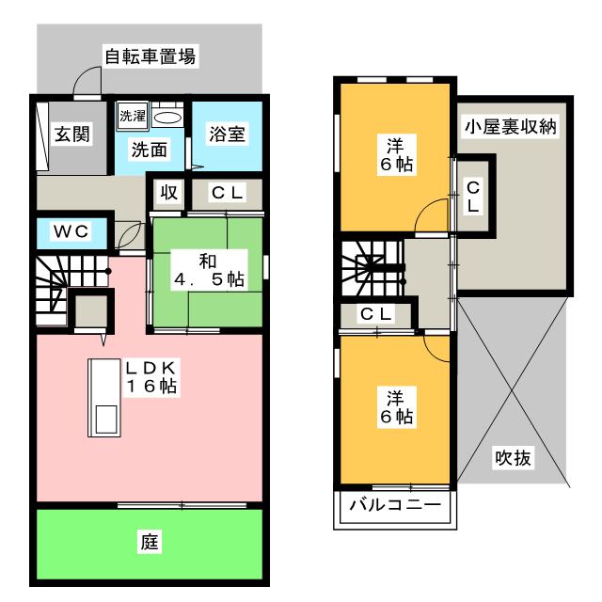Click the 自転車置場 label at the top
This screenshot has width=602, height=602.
pos(150,56)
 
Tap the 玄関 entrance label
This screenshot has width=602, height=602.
pos(71,135)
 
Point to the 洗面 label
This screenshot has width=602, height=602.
pos(148,149)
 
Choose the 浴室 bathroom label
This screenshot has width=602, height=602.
pos(227,134)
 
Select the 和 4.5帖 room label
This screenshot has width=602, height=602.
pos(209,268)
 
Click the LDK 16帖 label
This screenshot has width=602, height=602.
pos(153,376)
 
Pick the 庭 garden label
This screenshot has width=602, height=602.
pos(149,542)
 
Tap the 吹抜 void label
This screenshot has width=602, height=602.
pos(513,459)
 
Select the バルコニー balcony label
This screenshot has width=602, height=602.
pos(395,505)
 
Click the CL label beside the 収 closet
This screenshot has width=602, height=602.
pos(227,195)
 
